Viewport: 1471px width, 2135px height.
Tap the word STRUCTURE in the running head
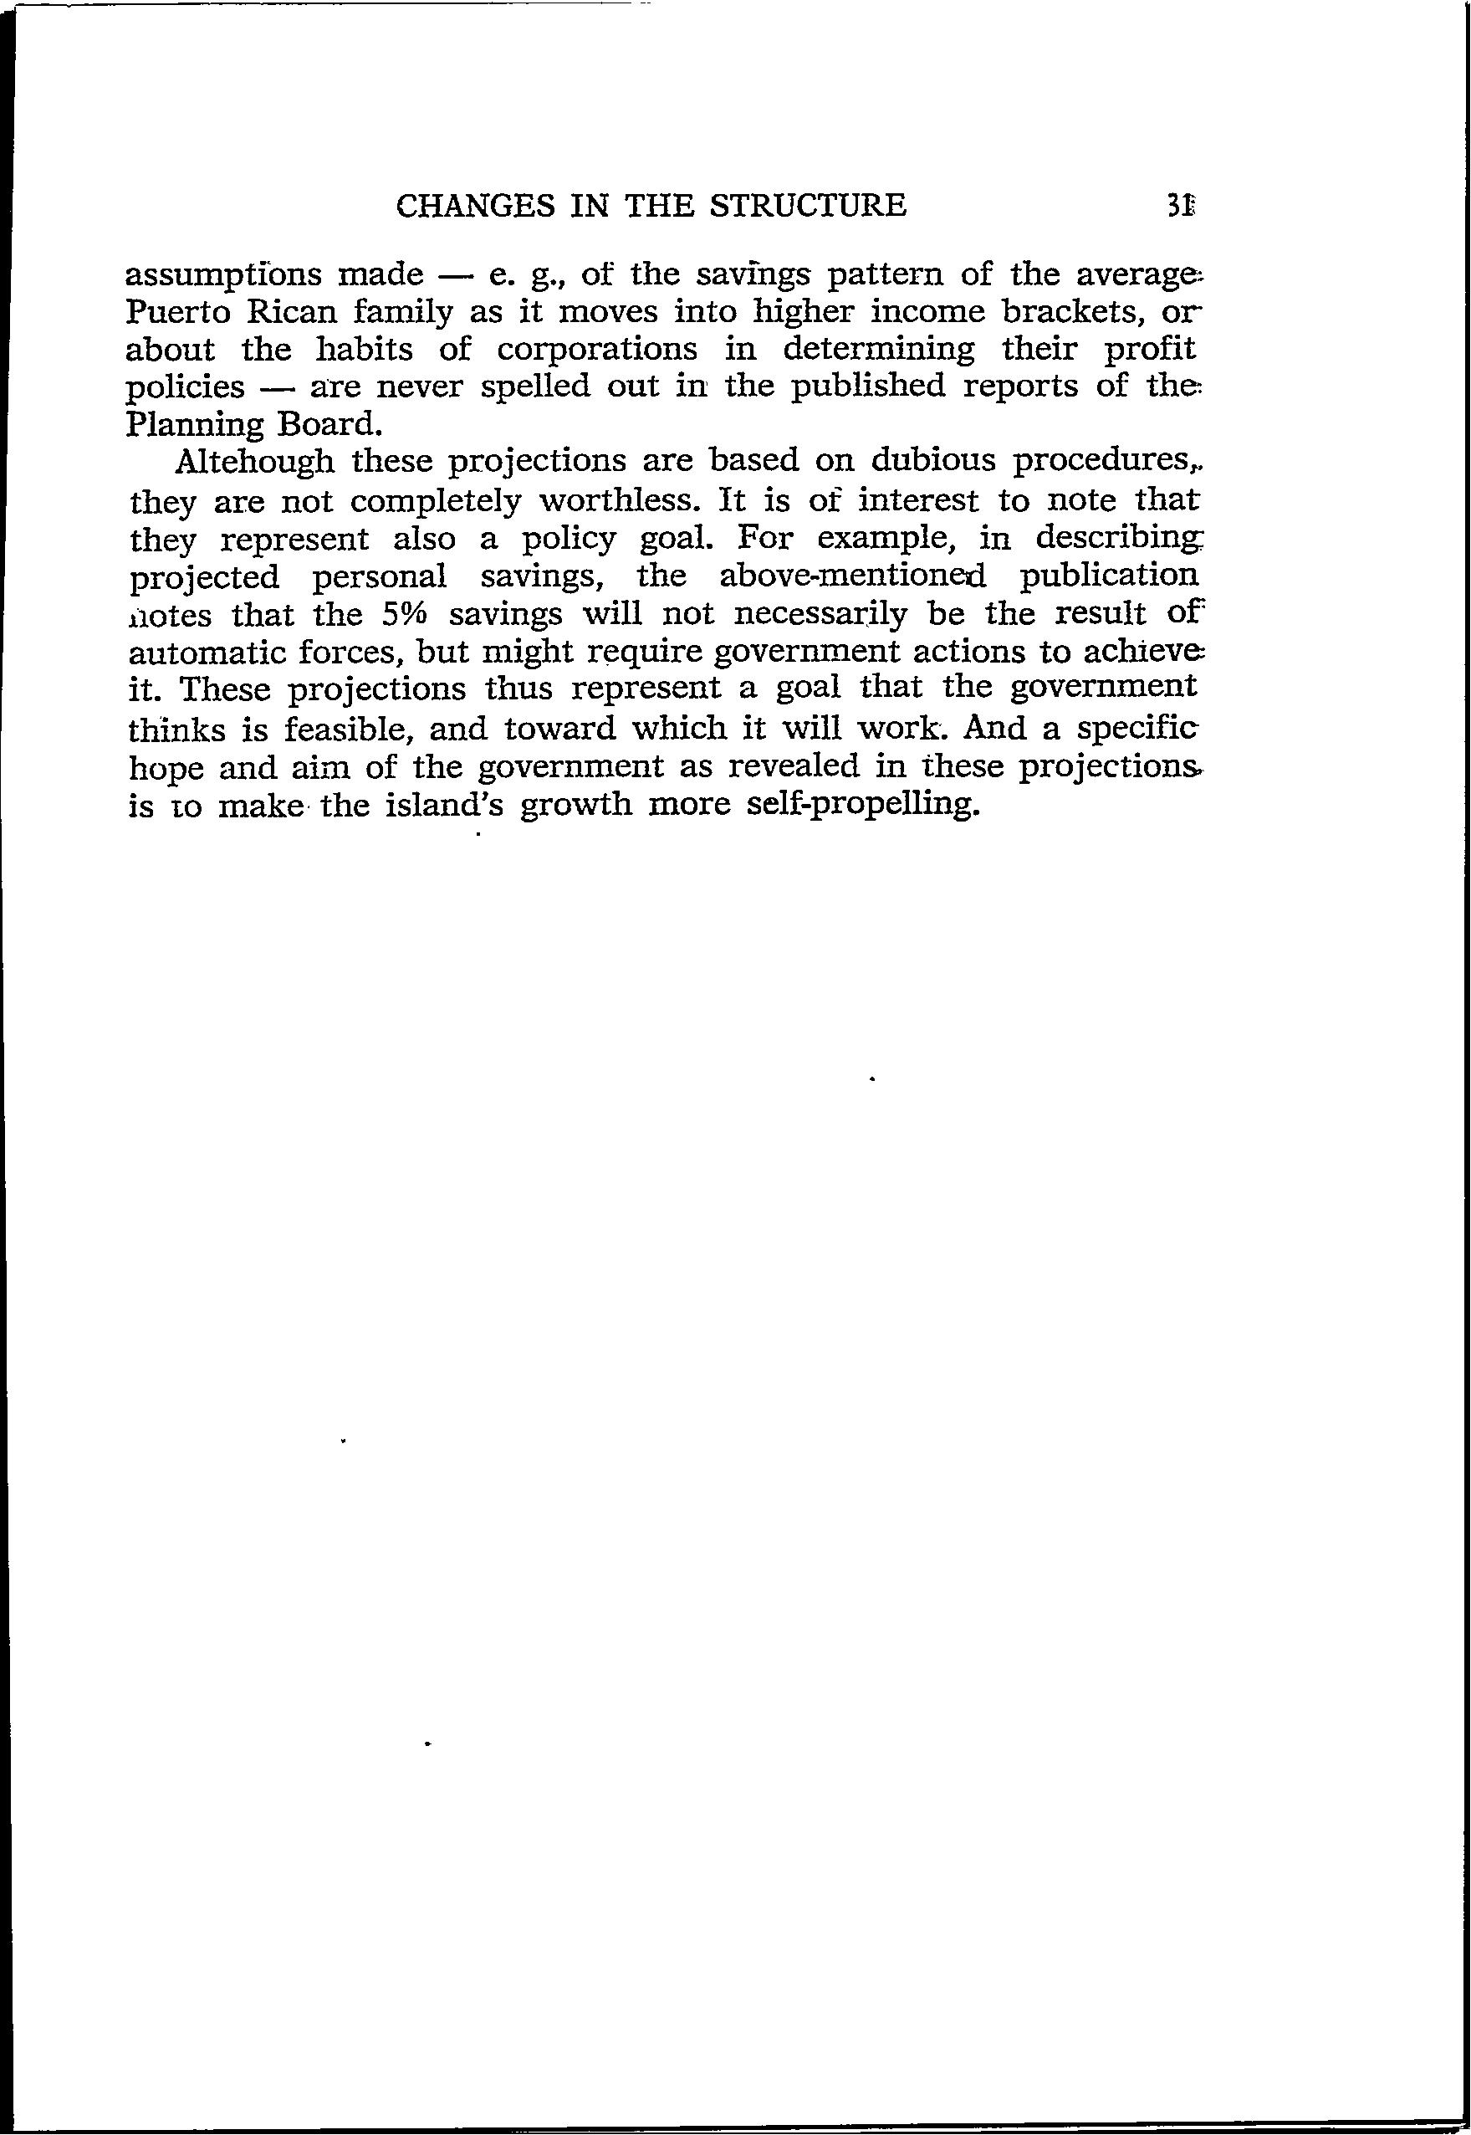pyautogui.click(x=810, y=205)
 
